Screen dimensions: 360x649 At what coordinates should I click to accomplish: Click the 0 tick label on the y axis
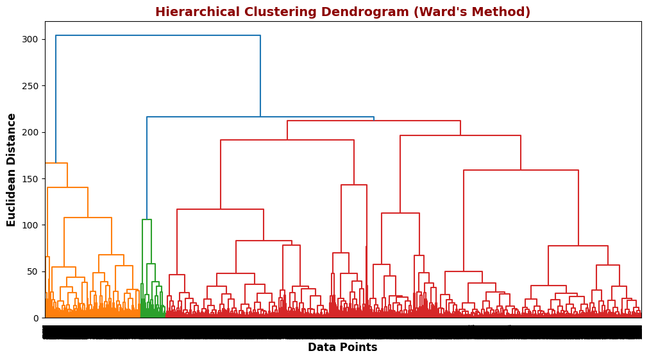click(36, 318)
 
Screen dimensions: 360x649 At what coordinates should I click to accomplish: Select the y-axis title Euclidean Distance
click(12, 169)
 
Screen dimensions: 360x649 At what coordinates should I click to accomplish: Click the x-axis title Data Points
click(342, 347)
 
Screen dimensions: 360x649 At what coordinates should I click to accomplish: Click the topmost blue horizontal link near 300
click(158, 36)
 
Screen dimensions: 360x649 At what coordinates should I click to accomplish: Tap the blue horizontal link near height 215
click(260, 117)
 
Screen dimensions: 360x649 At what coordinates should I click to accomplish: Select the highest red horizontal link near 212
click(374, 121)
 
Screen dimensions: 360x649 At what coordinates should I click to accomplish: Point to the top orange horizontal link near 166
click(56, 164)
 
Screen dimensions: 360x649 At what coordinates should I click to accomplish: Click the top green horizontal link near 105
click(147, 219)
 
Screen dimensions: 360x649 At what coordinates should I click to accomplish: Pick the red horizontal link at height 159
click(521, 170)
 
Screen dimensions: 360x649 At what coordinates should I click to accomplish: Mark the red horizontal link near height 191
click(287, 140)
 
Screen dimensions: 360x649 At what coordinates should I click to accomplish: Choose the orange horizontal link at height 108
click(88, 218)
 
